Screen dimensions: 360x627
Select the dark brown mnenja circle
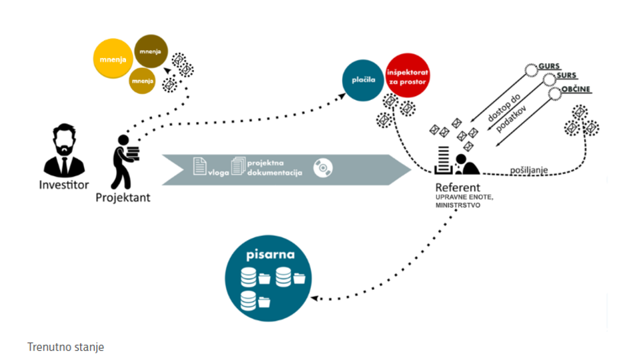click(149, 51)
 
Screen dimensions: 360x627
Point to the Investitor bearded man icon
click(64, 151)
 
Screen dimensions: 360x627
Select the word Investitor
click(63, 184)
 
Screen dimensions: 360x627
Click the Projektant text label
click(123, 197)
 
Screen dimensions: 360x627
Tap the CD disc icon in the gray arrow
click(323, 167)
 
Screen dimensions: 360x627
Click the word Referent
click(458, 187)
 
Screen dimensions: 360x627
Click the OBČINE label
click(576, 89)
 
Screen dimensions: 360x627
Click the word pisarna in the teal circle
click(269, 255)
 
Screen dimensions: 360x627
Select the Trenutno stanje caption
click(65, 347)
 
